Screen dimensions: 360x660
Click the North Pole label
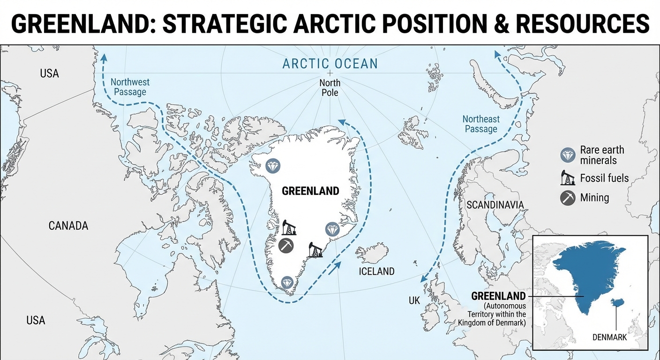tap(330, 88)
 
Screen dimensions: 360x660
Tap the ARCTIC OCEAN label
tap(330, 63)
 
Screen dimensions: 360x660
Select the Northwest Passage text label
tap(130, 87)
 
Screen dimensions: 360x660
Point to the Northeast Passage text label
tap(481, 124)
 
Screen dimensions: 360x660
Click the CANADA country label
tap(68, 226)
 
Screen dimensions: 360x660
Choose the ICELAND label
tap(376, 271)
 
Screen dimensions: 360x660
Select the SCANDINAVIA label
tap(495, 205)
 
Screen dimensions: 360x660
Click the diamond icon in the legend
tap(568, 155)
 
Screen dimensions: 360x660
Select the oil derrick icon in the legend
tap(568, 178)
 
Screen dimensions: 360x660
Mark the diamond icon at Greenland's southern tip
tap(287, 282)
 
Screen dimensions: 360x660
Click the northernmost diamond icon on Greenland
tap(272, 165)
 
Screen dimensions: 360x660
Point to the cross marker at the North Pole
tap(330, 73)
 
